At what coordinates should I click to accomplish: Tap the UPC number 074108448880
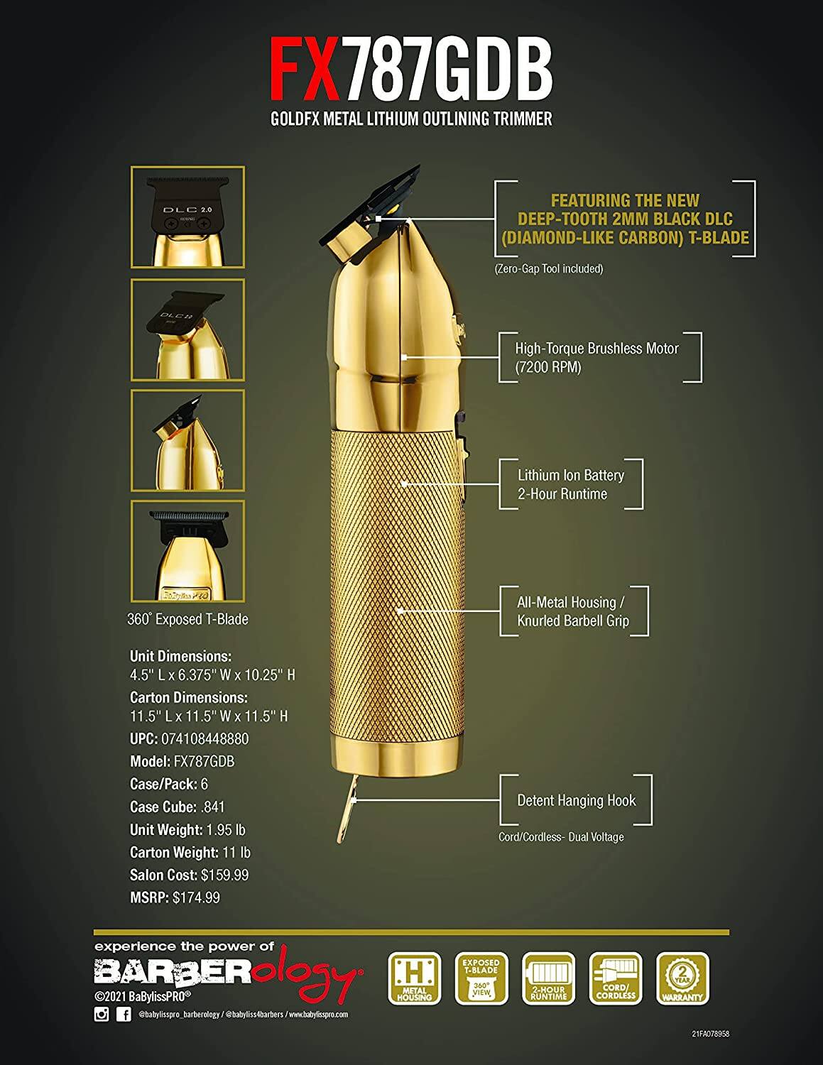click(211, 738)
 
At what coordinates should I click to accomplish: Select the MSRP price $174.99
click(196, 897)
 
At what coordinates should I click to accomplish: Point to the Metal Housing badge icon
click(415, 978)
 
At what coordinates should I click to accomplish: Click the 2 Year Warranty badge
click(683, 978)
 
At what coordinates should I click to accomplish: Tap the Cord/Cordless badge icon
click(616, 978)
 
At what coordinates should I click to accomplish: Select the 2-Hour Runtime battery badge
click(548, 978)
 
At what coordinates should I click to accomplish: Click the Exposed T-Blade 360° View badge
click(481, 978)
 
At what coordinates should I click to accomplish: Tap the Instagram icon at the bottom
click(102, 1015)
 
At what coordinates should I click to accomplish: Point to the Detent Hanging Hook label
click(576, 800)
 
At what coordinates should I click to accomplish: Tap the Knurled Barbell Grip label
click(572, 621)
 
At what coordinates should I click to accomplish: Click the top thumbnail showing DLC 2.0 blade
click(187, 217)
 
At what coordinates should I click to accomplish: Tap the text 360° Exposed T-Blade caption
click(187, 619)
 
